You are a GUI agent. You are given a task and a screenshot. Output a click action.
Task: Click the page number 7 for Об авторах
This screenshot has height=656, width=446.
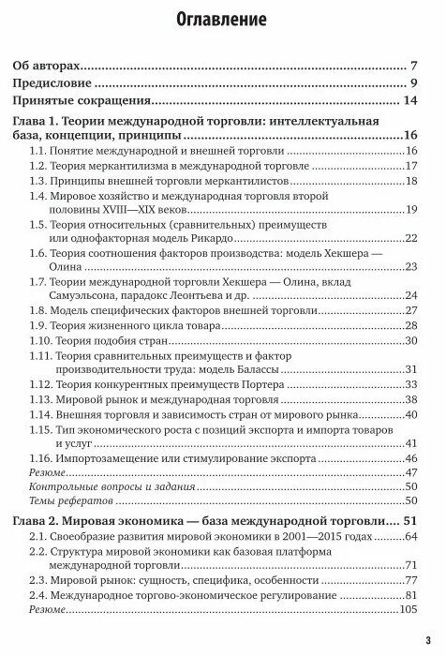(x=412, y=67)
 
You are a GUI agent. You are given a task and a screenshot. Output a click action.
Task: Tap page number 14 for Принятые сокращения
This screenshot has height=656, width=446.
(x=409, y=100)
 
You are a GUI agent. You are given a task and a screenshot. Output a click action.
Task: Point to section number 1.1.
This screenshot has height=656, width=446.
(x=39, y=151)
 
